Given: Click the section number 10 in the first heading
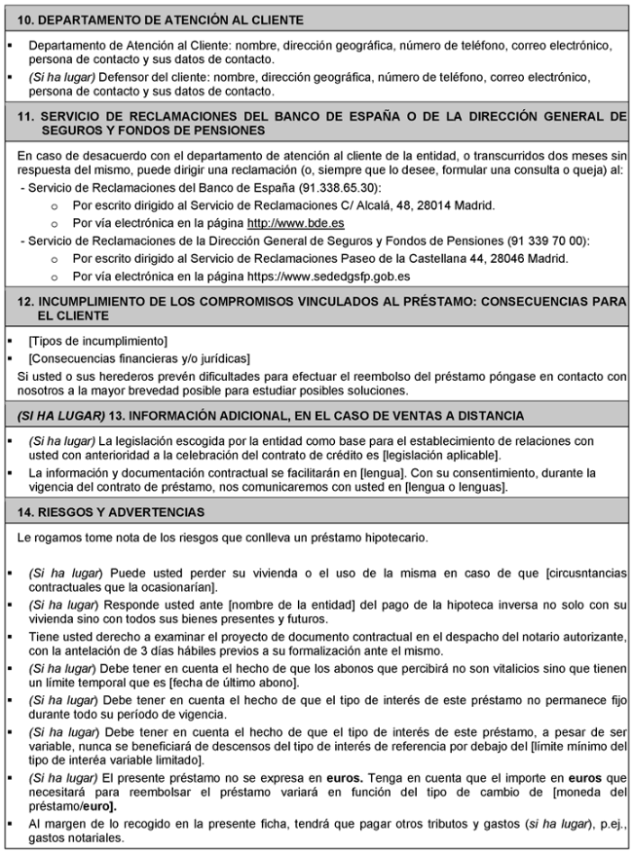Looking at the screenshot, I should tap(25, 19).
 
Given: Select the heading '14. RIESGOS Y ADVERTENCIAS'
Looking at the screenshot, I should tap(111, 511).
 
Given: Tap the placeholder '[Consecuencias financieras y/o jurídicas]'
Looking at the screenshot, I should tap(139, 357).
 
